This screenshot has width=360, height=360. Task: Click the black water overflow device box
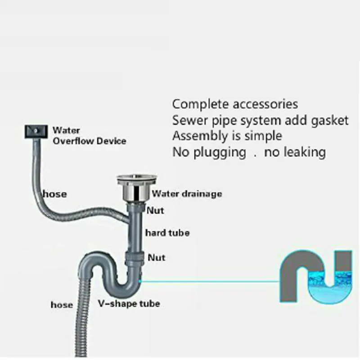tap(34, 131)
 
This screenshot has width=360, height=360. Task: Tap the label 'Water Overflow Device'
tap(90, 135)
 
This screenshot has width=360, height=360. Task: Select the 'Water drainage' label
tap(187, 194)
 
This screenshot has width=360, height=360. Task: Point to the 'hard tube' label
tap(167, 233)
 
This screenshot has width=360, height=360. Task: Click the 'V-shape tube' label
tap(129, 303)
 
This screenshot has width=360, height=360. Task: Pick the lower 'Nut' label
tap(157, 257)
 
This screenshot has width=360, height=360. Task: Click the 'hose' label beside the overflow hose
tap(54, 194)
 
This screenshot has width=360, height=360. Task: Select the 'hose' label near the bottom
tap(62, 305)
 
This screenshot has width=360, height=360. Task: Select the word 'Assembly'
tap(201, 136)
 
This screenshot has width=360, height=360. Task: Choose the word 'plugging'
tap(220, 152)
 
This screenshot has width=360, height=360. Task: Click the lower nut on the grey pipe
tap(134, 258)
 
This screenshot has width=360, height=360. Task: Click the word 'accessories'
tap(265, 104)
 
